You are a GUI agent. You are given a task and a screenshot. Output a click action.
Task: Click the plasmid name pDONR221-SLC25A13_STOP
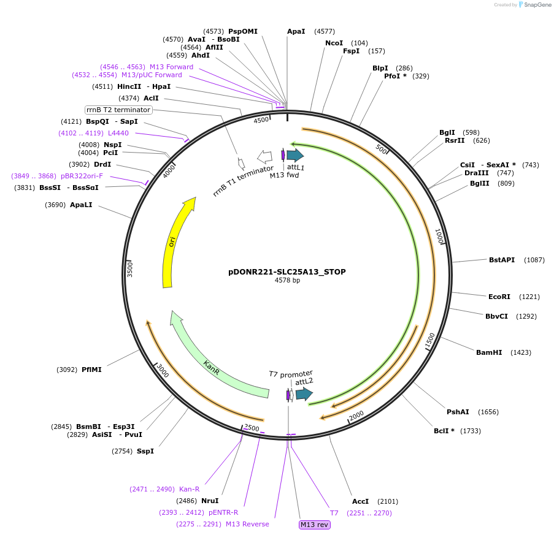pyautogui.click(x=287, y=271)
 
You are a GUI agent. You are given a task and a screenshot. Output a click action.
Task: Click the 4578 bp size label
pyautogui.click(x=287, y=281)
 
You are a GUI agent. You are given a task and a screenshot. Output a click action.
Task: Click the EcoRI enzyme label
pyautogui.click(x=499, y=297)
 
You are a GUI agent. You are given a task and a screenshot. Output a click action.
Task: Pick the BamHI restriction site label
pyautogui.click(x=489, y=352)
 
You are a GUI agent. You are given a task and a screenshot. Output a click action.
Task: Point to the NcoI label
pyautogui.click(x=334, y=43)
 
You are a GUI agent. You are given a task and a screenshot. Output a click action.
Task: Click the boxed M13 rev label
pyautogui.click(x=314, y=525)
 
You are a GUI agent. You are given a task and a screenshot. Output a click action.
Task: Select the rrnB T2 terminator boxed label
pyautogui.click(x=118, y=110)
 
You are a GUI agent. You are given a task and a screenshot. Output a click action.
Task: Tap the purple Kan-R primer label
pyautogui.click(x=189, y=489)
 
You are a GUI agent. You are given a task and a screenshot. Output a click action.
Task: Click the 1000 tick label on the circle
pyautogui.click(x=439, y=237)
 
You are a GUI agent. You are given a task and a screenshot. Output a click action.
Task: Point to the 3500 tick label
pyautogui.click(x=129, y=268)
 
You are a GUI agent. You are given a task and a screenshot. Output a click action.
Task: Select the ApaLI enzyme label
pyautogui.click(x=81, y=205)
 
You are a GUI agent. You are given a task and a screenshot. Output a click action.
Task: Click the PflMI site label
pyautogui.click(x=91, y=370)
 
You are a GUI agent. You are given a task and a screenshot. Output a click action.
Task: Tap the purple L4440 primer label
pyautogui.click(x=118, y=133)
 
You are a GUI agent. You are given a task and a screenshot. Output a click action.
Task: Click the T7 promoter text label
pyautogui.click(x=291, y=373)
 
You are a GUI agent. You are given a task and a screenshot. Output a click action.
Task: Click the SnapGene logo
pyautogui.click(x=534, y=5)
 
